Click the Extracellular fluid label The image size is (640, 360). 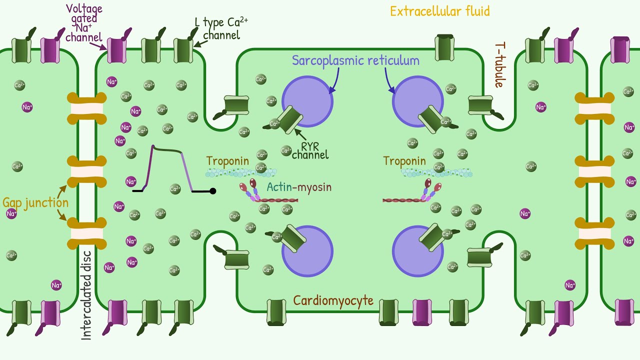(x=439, y=11)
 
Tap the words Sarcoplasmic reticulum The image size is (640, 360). (x=355, y=61)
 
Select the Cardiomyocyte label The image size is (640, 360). (x=333, y=300)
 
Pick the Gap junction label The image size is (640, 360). (x=35, y=202)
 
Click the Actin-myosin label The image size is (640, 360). (x=299, y=187)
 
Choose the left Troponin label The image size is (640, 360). (x=227, y=161)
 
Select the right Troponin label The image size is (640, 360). (x=404, y=161)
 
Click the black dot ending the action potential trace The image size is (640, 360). (x=213, y=191)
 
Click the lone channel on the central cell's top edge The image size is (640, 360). (x=445, y=47)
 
